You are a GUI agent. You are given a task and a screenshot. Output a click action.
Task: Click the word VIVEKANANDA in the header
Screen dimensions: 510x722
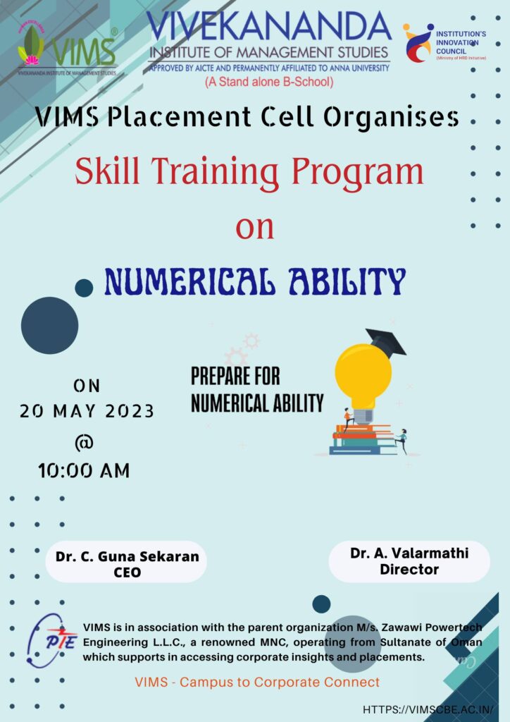[270, 26]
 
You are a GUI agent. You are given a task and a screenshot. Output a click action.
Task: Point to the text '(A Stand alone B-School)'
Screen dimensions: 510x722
[270, 82]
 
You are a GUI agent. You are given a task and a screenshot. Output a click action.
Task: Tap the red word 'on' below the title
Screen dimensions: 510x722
[255, 228]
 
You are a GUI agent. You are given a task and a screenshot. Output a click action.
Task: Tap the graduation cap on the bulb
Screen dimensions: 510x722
[386, 341]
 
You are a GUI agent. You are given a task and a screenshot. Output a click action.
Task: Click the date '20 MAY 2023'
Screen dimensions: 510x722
[87, 411]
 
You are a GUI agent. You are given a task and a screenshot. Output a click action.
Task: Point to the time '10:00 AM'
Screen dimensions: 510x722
[84, 470]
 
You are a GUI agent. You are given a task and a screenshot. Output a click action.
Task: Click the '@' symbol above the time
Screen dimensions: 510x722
[84, 442]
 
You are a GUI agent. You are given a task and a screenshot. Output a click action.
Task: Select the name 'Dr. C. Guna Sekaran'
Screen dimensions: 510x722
[127, 556]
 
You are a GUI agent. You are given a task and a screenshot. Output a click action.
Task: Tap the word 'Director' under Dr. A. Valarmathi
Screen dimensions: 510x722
[409, 569]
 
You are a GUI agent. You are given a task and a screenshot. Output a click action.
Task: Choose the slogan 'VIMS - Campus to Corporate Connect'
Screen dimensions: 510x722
[258, 682]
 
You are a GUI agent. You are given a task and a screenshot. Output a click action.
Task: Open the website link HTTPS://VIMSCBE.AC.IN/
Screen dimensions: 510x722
[428, 709]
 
